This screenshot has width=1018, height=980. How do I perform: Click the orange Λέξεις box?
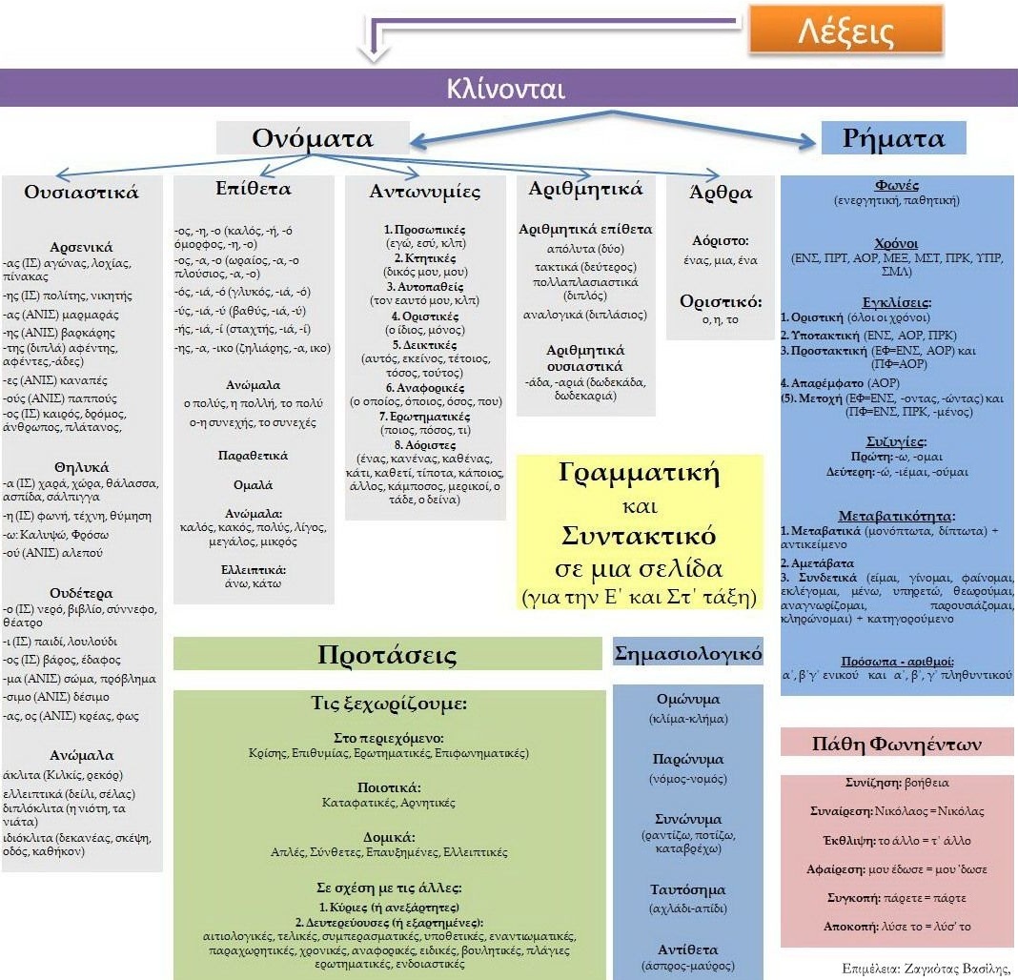click(846, 30)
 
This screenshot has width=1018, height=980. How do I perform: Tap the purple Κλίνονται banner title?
click(506, 89)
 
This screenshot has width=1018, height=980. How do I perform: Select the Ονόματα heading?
click(313, 138)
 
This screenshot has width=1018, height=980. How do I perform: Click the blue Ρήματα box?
click(893, 137)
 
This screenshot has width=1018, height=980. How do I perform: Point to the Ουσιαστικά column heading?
click(81, 193)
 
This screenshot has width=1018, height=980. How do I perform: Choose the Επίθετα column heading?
click(254, 189)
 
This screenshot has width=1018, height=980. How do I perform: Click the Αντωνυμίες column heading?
click(425, 192)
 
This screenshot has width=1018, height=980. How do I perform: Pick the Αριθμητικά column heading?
click(585, 189)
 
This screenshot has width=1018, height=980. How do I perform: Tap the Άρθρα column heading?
click(721, 193)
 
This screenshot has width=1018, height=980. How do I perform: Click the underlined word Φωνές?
click(896, 185)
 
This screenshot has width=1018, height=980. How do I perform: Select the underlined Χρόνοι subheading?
click(896, 243)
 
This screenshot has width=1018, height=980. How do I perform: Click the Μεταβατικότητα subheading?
click(896, 517)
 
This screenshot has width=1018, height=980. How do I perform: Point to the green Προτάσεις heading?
click(387, 654)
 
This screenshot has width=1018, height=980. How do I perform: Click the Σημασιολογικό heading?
click(688, 653)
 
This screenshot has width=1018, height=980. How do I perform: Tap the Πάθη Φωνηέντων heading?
click(897, 744)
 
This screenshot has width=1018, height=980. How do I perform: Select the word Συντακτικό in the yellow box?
click(639, 536)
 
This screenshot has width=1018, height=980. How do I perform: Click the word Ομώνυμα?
click(688, 700)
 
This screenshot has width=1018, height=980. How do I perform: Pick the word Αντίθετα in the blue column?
click(688, 949)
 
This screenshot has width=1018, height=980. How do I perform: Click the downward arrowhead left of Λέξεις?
click(375, 54)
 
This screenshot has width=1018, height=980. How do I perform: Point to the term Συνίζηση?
click(872, 783)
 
